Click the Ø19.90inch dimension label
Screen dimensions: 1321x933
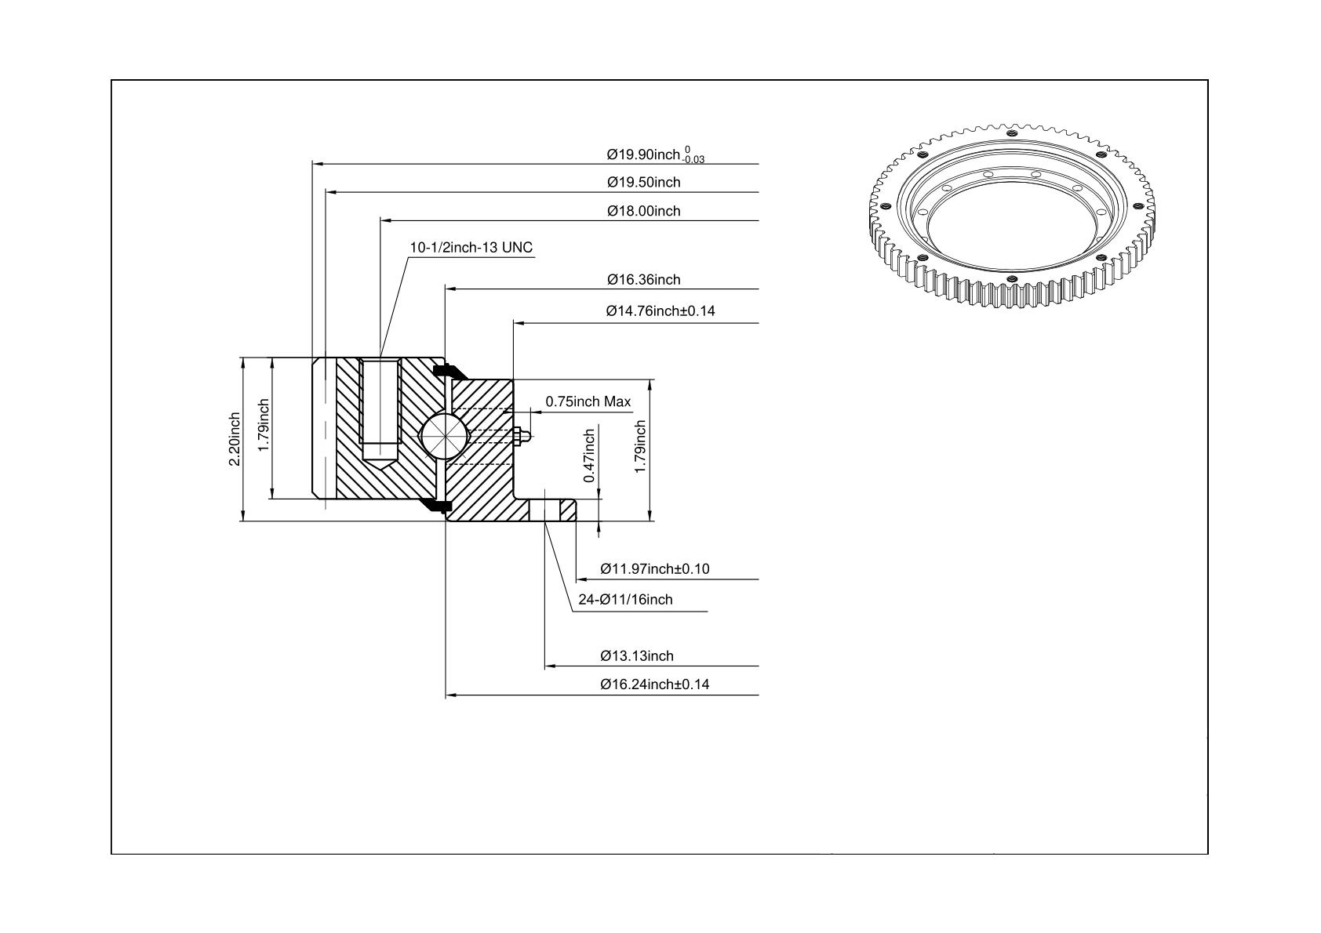coord(643,154)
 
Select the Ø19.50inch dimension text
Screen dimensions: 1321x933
coord(643,183)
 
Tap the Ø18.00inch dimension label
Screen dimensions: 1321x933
coord(643,211)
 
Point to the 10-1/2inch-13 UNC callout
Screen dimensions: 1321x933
coord(471,248)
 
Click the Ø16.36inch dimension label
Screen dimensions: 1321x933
coord(643,279)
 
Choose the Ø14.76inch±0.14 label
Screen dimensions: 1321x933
coord(660,310)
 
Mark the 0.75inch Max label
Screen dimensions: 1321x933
coord(588,401)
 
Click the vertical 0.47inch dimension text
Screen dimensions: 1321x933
coord(589,456)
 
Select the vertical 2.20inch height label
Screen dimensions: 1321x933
coord(234,439)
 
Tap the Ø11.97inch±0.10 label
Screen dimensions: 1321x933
coord(654,568)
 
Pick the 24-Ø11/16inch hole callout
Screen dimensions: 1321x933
coord(625,600)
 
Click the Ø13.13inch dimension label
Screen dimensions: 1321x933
coord(637,656)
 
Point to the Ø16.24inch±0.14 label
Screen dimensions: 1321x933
coord(654,684)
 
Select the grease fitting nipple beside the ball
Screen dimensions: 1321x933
coord(522,436)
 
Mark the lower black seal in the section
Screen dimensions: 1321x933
coord(435,506)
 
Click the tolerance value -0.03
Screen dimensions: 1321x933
coord(695,160)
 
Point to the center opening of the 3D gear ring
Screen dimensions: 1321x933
coord(1012,224)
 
